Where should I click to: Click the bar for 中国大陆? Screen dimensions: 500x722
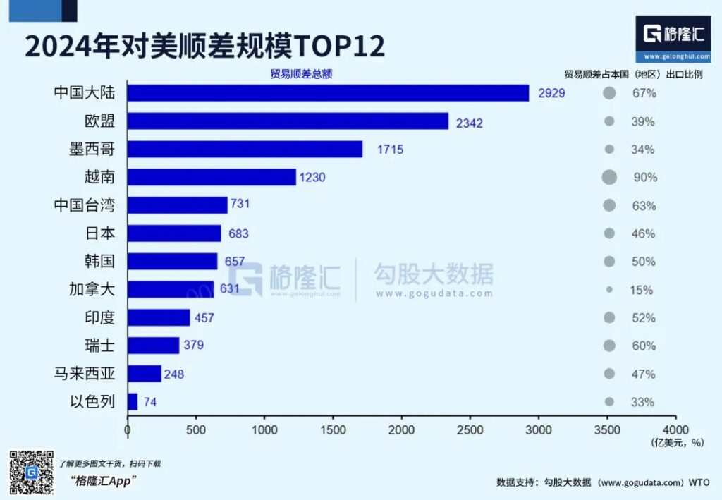[x=328, y=93]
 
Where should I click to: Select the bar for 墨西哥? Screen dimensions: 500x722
[x=245, y=150]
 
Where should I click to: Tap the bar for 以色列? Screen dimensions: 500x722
[x=133, y=402]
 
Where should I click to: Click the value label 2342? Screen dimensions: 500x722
[x=469, y=122]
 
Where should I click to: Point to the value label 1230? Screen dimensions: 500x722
[x=312, y=178]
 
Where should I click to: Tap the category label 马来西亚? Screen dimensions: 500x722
[x=84, y=374]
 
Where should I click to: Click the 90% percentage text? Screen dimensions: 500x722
[x=644, y=178]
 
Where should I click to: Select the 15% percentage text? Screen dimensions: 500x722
[x=642, y=290]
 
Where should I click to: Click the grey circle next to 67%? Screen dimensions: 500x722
[x=609, y=93]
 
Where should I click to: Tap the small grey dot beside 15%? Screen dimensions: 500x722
[x=609, y=290]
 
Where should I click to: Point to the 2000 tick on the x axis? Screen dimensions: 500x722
[x=402, y=429]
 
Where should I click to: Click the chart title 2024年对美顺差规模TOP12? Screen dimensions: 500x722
[x=204, y=46]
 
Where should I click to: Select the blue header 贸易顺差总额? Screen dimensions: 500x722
[x=301, y=74]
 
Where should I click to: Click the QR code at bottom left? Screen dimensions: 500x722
[x=32, y=472]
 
